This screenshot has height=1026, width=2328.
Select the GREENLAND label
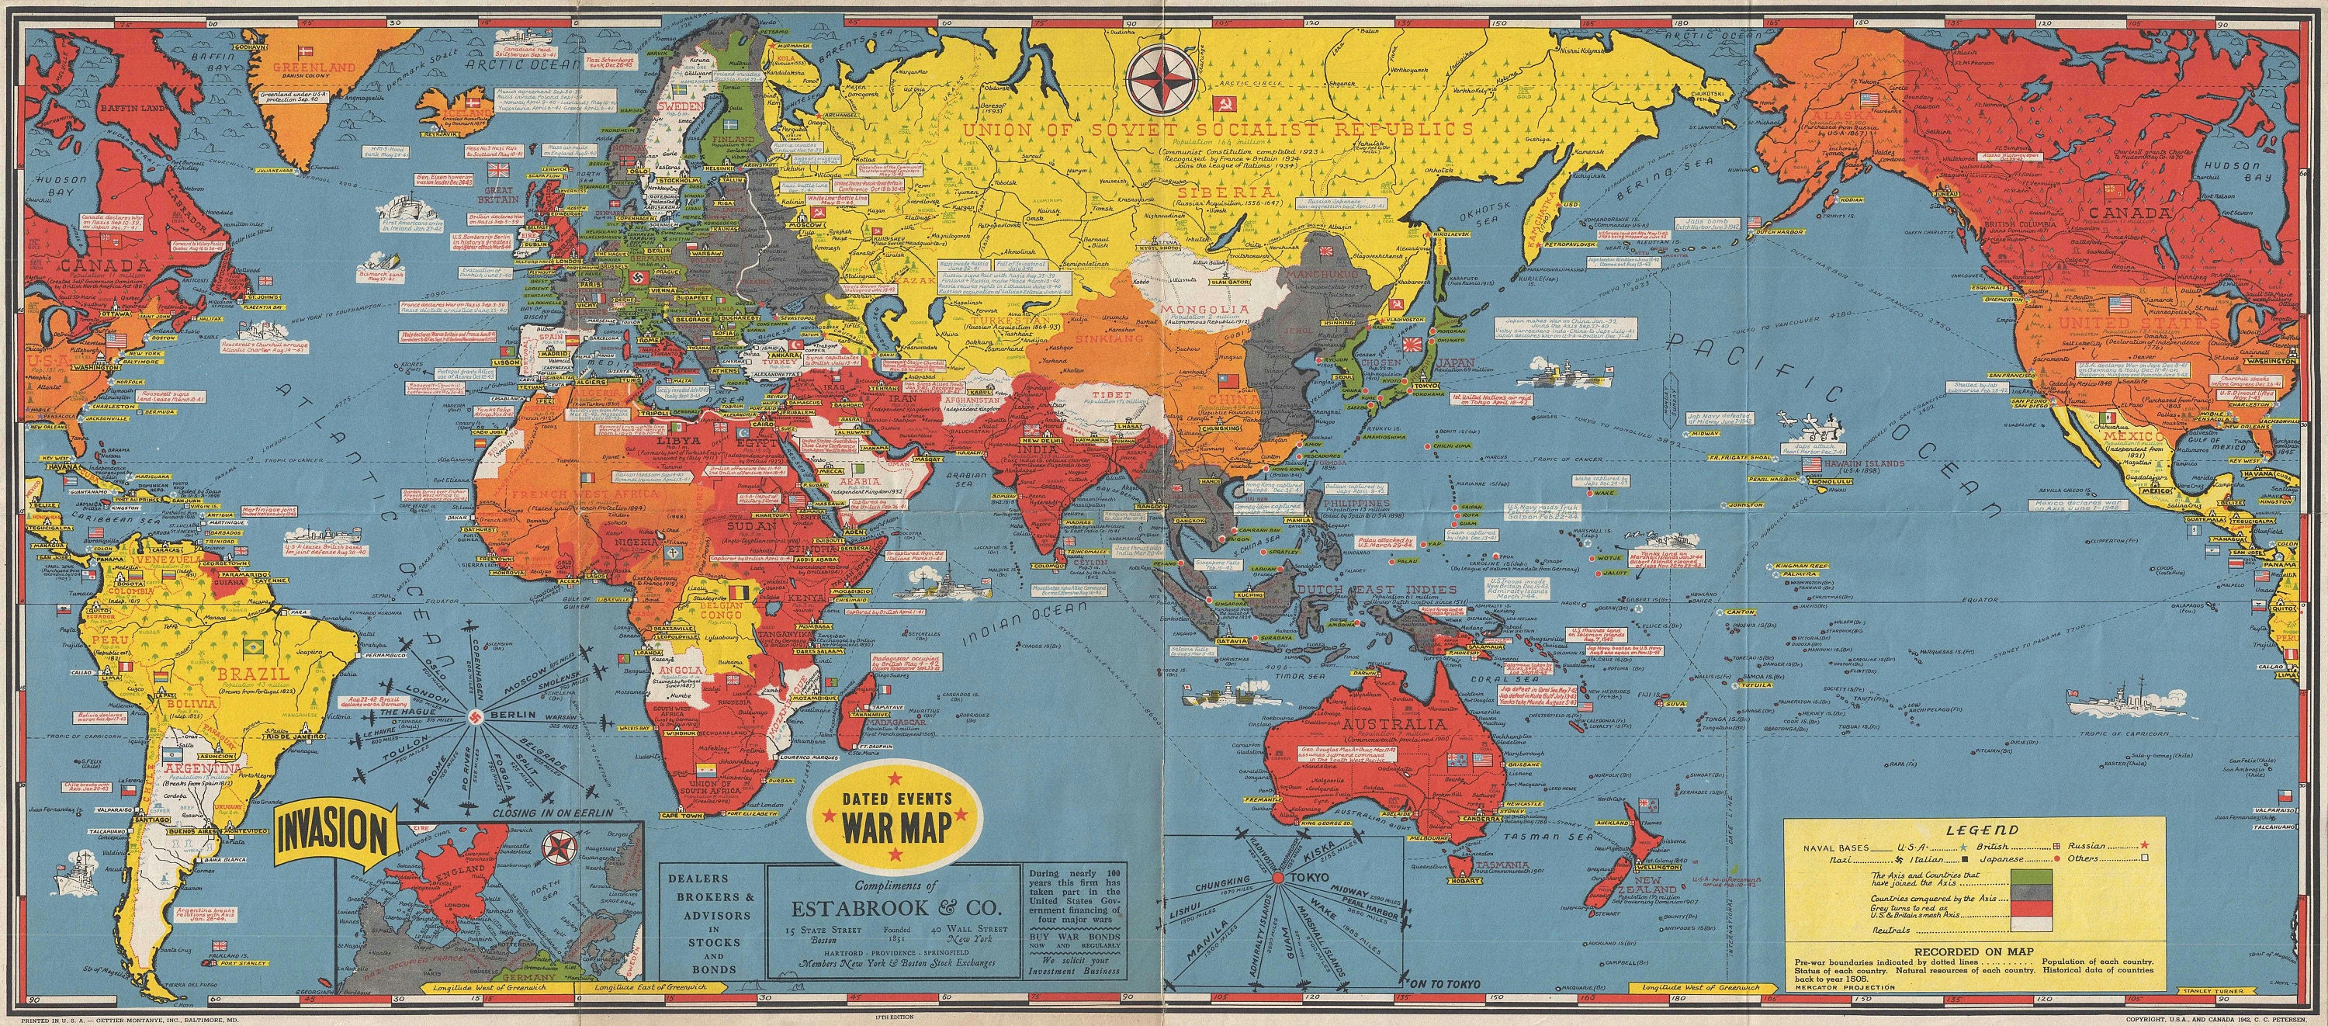point(314,67)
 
